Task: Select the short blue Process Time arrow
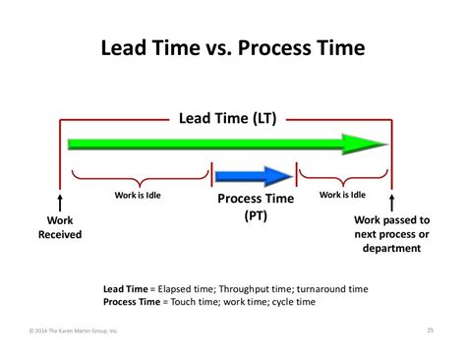point(254,177)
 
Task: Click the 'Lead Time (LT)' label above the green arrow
point(228,119)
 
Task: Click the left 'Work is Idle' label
point(135,195)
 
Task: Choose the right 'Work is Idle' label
point(343,195)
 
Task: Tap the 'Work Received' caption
point(60,228)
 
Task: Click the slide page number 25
point(432,330)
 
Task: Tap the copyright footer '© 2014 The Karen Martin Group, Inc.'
point(74,330)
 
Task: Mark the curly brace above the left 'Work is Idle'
point(135,178)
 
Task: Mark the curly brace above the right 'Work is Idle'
point(343,178)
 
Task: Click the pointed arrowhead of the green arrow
point(375,144)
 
